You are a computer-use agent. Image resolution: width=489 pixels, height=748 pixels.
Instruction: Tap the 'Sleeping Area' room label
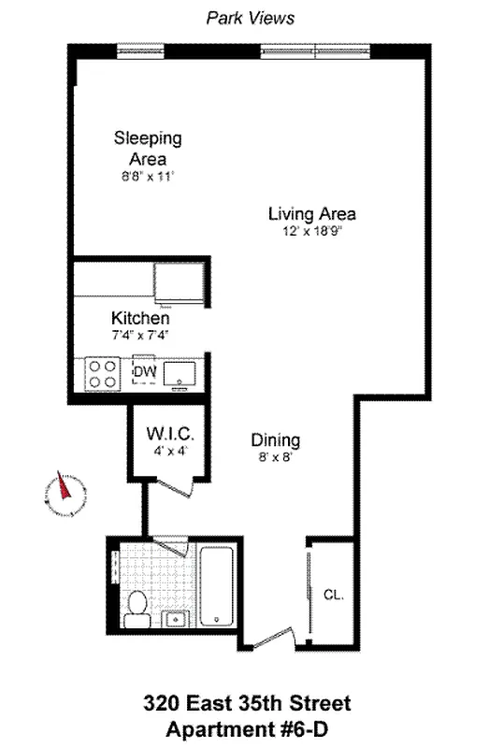148,149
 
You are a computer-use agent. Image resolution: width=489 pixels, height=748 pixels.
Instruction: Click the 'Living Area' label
311,213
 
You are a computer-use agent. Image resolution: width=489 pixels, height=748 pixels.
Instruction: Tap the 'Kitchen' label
140,319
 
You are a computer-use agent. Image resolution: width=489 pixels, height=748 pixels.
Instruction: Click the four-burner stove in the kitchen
103,374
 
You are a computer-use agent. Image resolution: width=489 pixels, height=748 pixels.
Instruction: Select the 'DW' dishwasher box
145,373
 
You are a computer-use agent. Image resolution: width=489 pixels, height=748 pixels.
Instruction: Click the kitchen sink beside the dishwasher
180,374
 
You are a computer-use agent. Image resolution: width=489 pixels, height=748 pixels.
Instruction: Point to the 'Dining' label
276,439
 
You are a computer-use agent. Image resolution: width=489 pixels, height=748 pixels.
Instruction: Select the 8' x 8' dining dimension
276,457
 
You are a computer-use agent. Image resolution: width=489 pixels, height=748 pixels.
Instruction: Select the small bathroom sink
174,619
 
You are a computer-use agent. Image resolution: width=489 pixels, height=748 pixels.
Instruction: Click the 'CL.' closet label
333,594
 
